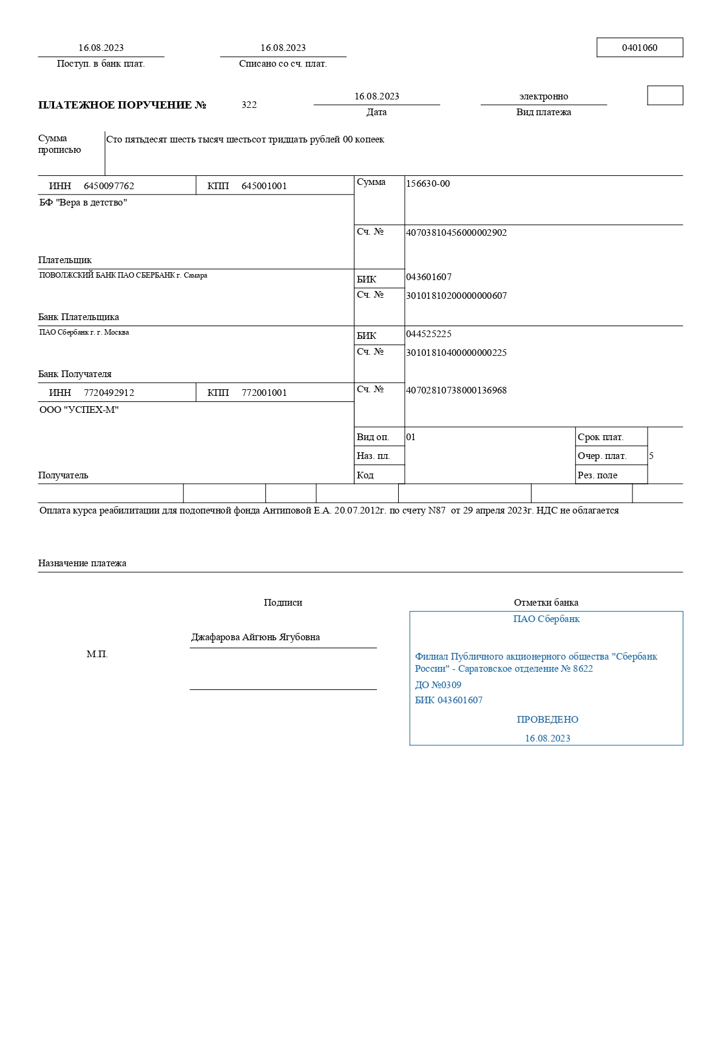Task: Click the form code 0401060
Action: (x=639, y=48)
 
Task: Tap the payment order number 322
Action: (x=249, y=105)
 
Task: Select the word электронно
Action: (x=543, y=96)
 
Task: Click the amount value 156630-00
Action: (x=428, y=184)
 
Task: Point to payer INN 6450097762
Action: (x=109, y=186)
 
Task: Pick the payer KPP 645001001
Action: (x=264, y=186)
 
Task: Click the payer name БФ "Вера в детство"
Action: (x=83, y=202)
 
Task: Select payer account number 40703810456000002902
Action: (x=456, y=233)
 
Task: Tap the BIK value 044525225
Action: (x=428, y=334)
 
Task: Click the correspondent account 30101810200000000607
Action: (x=456, y=296)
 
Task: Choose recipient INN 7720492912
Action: (x=109, y=393)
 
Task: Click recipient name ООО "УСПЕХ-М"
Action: (x=79, y=410)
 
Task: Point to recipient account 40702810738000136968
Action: (x=456, y=390)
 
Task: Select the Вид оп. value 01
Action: (x=411, y=437)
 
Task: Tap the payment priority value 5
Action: (x=651, y=456)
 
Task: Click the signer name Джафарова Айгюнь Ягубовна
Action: (x=256, y=637)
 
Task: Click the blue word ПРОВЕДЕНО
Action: (x=547, y=720)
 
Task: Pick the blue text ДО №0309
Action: (x=438, y=685)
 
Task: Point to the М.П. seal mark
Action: (x=97, y=654)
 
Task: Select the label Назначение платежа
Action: (x=82, y=563)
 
